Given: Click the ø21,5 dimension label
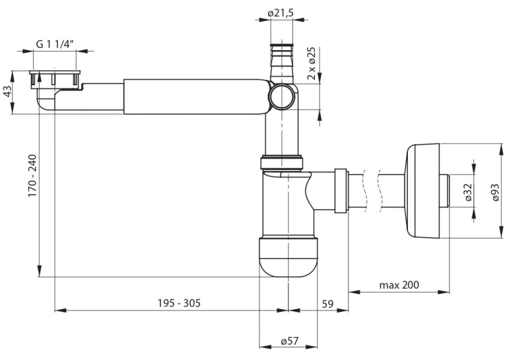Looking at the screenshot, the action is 281,13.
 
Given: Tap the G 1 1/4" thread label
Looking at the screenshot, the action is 55,44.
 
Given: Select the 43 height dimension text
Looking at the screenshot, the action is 7,92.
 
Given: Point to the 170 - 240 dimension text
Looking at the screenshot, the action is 32,176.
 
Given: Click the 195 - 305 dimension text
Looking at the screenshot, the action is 179,303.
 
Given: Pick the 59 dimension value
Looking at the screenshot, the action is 327,304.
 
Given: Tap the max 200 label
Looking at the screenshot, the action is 399,285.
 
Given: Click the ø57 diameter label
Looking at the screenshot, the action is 290,341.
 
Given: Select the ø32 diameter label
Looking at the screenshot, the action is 468,192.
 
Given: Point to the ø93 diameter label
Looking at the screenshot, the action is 496,192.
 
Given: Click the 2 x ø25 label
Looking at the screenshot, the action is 311,63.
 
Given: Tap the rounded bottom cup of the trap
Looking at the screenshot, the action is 288,257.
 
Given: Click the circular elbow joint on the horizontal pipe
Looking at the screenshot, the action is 283,96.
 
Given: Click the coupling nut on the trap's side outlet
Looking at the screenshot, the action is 341,190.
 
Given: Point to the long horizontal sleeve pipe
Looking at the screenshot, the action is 197,96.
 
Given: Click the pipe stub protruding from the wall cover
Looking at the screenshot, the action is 444,192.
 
